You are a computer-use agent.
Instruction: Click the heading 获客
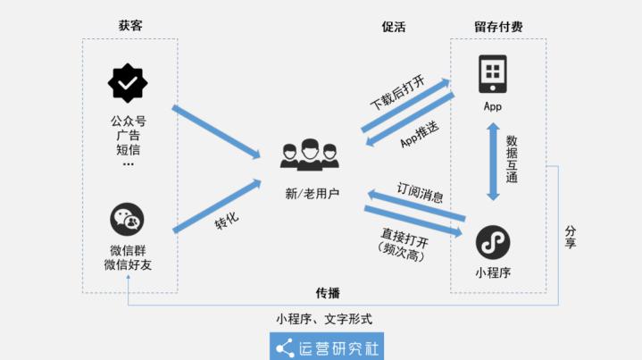130,26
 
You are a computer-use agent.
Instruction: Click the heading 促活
394,27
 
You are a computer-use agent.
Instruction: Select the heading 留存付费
498,27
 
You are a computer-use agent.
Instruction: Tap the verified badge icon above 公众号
128,83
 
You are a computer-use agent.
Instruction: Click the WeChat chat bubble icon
128,220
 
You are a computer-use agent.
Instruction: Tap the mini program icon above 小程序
493,241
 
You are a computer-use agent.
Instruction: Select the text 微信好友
129,264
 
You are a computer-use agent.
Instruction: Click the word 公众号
129,121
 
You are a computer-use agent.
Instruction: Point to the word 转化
227,219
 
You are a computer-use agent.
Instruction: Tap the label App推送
418,135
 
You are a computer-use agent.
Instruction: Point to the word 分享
571,237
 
